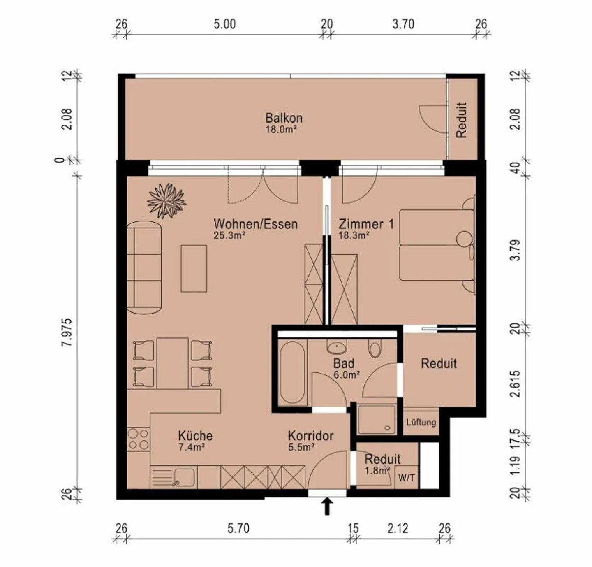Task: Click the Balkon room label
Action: (x=284, y=118)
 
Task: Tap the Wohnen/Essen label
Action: (x=256, y=224)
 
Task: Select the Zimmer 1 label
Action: (x=366, y=224)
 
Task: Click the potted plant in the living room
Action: (x=166, y=201)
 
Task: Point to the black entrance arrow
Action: (x=327, y=506)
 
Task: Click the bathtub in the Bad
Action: (x=292, y=372)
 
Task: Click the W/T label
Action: (x=407, y=478)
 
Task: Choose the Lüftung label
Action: (x=421, y=422)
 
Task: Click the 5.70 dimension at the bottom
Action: (x=238, y=528)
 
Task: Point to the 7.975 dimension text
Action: (x=67, y=332)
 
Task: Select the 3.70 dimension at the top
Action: (x=403, y=24)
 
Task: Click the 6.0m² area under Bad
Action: (x=347, y=374)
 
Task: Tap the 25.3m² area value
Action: (x=229, y=235)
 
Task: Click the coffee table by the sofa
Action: (x=194, y=269)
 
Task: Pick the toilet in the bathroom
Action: (x=375, y=349)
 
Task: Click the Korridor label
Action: (x=311, y=436)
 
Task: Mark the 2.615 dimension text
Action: (x=516, y=383)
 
